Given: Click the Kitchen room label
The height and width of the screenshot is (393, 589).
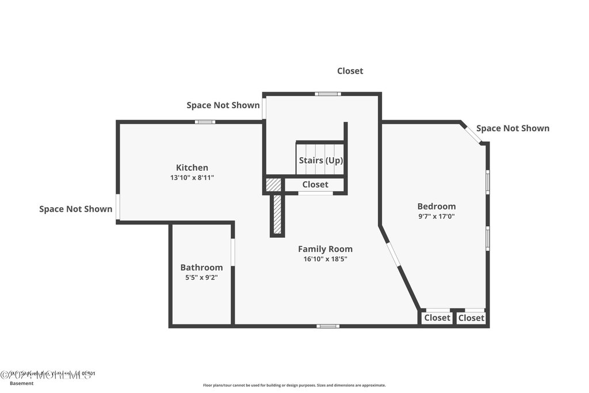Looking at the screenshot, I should [x=192, y=167].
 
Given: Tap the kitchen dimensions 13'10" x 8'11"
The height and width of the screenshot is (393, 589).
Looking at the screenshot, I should [x=192, y=178].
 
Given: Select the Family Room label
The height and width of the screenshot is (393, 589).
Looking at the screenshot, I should [x=325, y=249].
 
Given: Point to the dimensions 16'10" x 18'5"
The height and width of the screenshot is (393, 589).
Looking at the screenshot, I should [x=325, y=259].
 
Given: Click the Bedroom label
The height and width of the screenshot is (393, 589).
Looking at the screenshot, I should [x=437, y=207].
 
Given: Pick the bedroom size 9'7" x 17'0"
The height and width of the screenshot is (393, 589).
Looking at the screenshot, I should [x=437, y=216].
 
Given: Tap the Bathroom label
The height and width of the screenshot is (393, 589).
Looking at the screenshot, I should [x=201, y=268].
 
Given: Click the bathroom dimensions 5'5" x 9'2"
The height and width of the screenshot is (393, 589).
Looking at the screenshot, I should [x=201, y=277].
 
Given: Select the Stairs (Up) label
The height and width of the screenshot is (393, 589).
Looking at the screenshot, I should [x=320, y=161].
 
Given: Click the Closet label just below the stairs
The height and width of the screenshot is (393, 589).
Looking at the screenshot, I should [x=315, y=185].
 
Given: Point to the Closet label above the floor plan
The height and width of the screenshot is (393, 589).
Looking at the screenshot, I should [x=350, y=71].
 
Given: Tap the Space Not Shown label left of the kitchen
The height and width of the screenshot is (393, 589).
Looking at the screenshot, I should [x=75, y=209].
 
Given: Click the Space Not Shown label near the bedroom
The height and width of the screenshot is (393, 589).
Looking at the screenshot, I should [x=512, y=128].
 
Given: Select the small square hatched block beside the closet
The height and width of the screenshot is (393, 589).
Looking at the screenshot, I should [x=273, y=185].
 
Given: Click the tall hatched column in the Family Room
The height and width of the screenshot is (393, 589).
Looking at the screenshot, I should [x=277, y=215].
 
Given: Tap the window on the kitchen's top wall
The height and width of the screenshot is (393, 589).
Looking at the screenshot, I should [x=205, y=121].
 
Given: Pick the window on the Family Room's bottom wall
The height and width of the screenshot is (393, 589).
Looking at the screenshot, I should [x=327, y=326].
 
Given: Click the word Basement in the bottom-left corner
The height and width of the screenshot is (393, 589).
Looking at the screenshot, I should [x=22, y=383].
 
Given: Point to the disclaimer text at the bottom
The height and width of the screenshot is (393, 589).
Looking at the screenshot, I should [x=294, y=386].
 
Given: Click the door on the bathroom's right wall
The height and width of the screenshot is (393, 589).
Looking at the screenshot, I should [x=233, y=252].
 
